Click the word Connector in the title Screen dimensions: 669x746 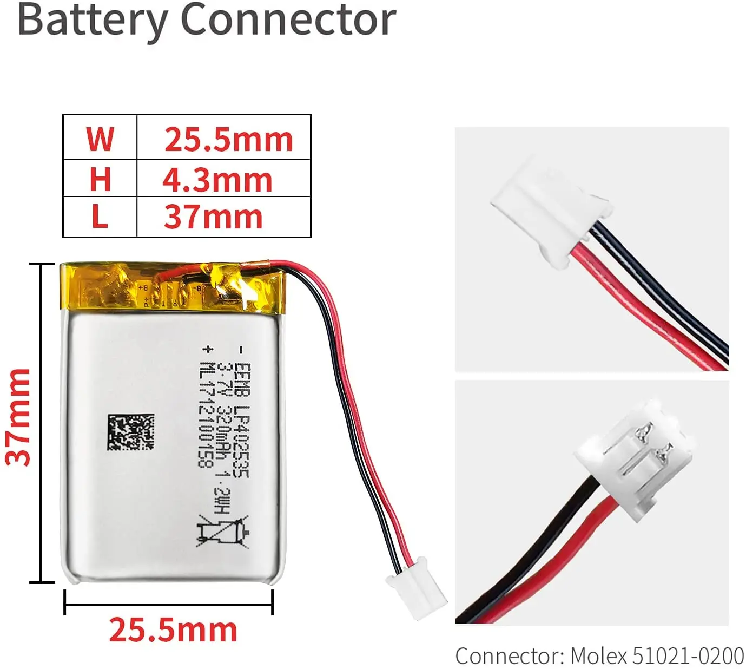point(288,19)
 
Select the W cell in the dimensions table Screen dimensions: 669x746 point(100,138)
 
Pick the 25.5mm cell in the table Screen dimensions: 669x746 point(228,139)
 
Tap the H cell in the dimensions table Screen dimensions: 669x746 point(100,179)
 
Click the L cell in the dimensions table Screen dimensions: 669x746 point(100,217)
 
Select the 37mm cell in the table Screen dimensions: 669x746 point(213,217)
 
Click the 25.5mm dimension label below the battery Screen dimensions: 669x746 point(173,630)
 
